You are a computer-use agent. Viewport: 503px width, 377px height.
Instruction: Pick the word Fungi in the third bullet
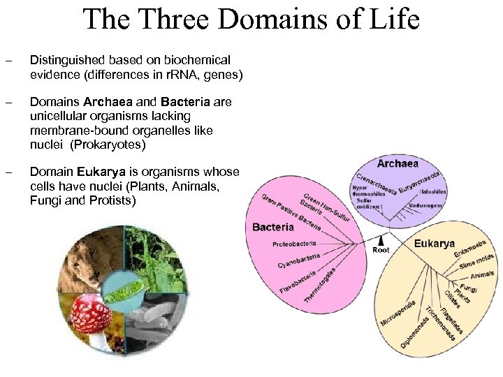45,200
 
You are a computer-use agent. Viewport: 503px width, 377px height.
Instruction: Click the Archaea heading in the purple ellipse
398,163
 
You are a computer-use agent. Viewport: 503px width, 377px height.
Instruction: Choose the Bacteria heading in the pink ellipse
273,228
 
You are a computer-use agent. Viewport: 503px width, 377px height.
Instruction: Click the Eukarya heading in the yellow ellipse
434,244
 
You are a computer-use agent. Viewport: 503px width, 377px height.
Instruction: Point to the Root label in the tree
381,250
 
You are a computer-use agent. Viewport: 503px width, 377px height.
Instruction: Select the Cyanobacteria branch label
299,262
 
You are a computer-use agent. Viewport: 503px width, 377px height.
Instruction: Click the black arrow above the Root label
381,239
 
